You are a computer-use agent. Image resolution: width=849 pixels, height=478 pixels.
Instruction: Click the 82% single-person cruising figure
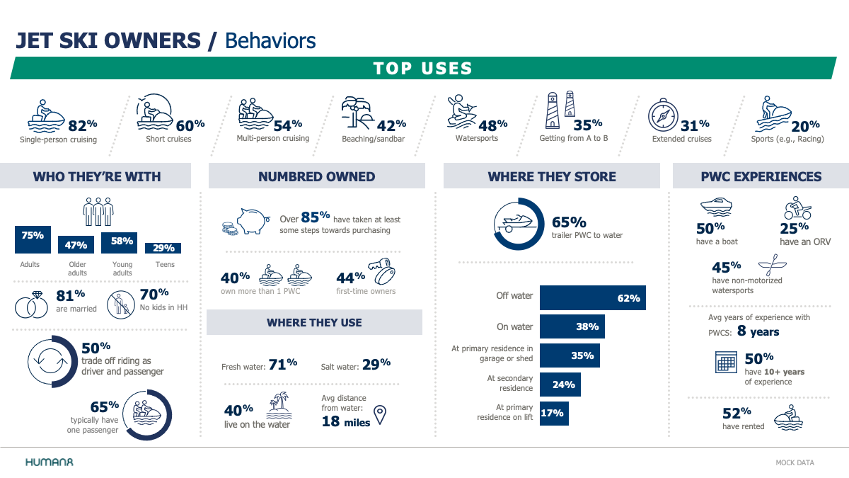click(x=83, y=125)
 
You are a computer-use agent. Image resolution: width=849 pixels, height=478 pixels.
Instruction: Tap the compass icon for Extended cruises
click(x=663, y=115)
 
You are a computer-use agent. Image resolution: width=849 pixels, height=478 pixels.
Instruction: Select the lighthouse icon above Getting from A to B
click(x=560, y=110)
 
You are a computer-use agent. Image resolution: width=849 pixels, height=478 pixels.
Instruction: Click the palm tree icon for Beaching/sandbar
click(x=357, y=113)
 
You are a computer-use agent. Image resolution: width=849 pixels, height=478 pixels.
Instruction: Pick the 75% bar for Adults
click(x=33, y=239)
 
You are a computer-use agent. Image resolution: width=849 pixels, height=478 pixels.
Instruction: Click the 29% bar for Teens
click(x=163, y=248)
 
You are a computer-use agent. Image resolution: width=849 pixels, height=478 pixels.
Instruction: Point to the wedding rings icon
click(x=31, y=305)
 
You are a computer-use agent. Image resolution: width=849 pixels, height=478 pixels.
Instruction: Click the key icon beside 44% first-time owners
click(x=382, y=271)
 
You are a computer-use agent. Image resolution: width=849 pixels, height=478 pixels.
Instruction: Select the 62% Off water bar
click(x=593, y=298)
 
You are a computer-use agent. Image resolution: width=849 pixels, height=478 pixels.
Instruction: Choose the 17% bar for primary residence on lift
click(x=554, y=414)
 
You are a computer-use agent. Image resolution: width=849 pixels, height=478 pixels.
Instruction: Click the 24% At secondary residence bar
click(x=560, y=385)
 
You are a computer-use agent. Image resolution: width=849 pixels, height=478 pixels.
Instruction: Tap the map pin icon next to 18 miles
click(x=380, y=415)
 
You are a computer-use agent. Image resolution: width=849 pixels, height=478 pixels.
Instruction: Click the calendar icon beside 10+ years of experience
click(x=726, y=362)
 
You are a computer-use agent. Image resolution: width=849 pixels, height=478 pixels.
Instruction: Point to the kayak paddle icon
click(x=772, y=265)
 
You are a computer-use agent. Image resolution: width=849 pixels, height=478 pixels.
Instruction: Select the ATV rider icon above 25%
click(x=797, y=208)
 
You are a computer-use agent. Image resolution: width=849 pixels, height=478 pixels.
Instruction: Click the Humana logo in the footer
click(x=50, y=462)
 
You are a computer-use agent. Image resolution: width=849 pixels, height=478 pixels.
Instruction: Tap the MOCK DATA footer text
click(x=795, y=463)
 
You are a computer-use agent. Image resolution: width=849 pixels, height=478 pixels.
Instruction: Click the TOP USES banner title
click(x=423, y=69)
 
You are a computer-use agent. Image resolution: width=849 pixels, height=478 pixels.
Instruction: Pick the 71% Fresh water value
click(x=283, y=364)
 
